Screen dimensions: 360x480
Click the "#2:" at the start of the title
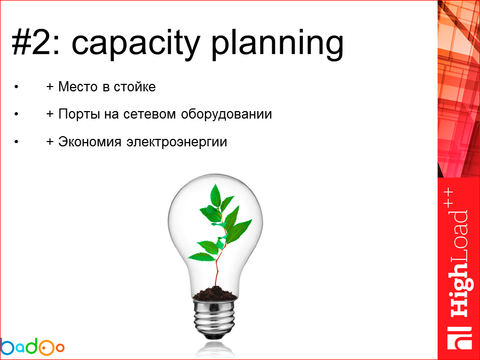tap(37, 43)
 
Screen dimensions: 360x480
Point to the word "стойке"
tap(135, 87)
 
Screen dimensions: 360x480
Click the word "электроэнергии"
tap(177, 143)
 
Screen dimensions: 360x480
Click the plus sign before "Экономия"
tap(50, 143)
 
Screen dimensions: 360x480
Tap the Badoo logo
tap(32, 347)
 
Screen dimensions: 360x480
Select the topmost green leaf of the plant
tap(216, 195)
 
